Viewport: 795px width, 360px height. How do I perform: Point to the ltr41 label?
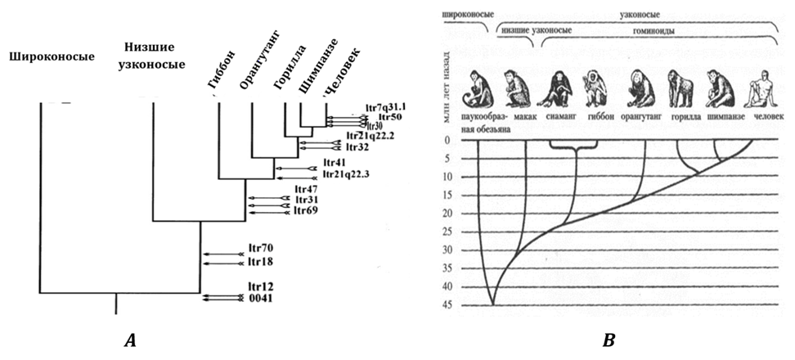[x=335, y=163]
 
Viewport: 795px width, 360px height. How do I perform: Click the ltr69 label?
[x=307, y=212]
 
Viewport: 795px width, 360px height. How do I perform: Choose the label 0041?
[x=262, y=299]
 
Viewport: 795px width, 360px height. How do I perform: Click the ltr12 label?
[x=261, y=287]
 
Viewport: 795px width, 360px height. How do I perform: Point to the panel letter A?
[x=129, y=340]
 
